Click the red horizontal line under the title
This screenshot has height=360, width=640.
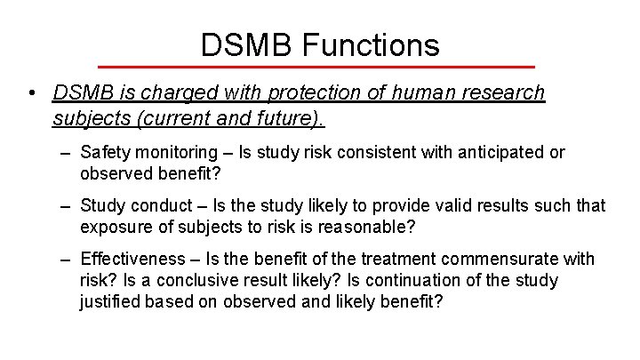point(316,68)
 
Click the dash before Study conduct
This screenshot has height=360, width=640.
point(66,206)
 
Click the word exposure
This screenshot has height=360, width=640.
point(112,227)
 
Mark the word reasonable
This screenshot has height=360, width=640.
point(371,227)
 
